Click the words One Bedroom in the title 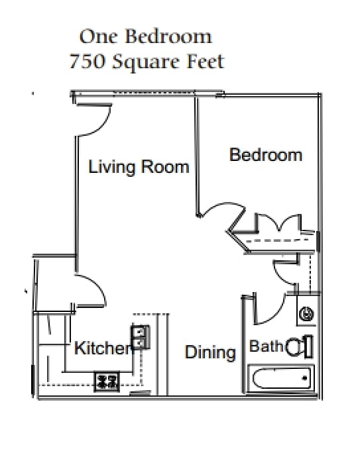coord(146,36)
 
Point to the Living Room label coord(139,167)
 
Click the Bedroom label coord(265,155)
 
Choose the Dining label coord(210,352)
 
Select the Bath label coord(266,346)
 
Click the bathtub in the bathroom coord(279,379)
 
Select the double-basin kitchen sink coord(141,336)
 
